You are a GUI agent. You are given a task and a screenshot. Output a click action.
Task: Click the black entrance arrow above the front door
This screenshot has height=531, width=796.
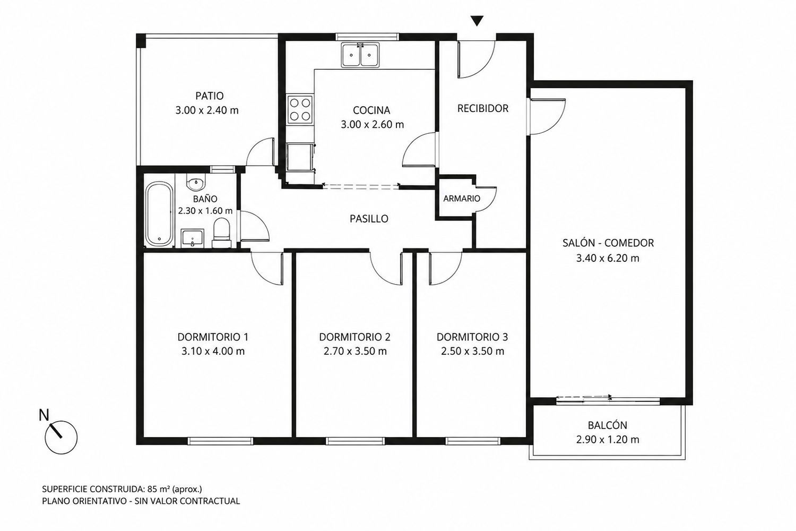[x=477, y=21]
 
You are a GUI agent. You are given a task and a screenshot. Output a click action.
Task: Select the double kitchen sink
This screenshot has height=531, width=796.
[x=360, y=55]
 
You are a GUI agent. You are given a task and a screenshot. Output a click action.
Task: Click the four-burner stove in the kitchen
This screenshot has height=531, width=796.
[x=300, y=109]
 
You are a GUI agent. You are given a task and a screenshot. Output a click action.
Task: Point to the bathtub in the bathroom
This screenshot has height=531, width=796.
[x=159, y=214]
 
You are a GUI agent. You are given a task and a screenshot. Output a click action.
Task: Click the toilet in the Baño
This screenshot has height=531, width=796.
[x=221, y=233]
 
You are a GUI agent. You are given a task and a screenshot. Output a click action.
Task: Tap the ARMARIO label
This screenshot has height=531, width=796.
[x=462, y=199]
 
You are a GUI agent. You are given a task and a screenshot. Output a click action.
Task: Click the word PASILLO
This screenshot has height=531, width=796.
[x=369, y=219]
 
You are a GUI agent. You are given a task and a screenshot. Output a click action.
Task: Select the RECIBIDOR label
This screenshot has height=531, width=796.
[x=482, y=108]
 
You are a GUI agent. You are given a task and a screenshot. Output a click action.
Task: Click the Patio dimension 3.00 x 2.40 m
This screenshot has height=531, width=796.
[x=207, y=110]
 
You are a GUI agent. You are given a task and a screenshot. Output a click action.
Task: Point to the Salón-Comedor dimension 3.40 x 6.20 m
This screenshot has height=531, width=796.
[x=608, y=258]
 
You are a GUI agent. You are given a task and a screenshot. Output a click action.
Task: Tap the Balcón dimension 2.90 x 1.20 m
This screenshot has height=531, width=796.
[x=608, y=440]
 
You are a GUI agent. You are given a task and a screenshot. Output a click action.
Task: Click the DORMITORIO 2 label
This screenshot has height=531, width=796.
[x=354, y=337]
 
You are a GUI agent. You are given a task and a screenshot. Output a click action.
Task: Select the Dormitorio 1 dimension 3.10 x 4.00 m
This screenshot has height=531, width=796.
[x=213, y=352]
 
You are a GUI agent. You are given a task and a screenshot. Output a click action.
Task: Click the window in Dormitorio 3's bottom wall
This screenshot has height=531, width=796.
[x=473, y=441]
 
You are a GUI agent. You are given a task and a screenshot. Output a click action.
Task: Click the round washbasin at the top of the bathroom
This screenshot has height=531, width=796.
[x=195, y=184]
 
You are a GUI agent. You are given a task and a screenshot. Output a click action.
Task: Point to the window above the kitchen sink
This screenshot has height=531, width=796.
[x=367, y=37]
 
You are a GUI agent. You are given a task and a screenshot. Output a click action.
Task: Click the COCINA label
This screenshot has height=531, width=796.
[x=371, y=110]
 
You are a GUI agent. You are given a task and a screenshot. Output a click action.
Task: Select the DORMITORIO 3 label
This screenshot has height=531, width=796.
[x=472, y=337]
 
